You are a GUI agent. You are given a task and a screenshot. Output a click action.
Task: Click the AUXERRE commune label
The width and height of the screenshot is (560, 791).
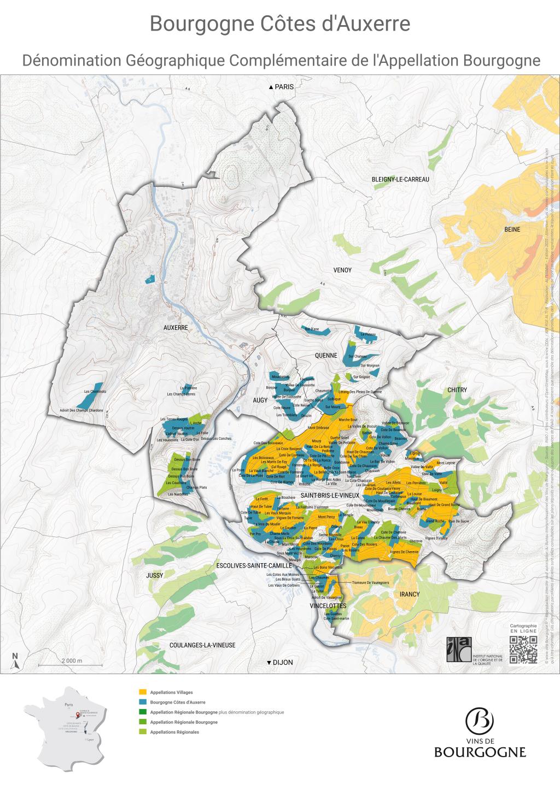click(176, 328)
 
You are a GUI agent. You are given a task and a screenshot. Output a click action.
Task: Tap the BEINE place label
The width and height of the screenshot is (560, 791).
click(512, 229)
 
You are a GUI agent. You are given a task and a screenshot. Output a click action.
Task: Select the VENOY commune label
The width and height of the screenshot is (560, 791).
click(342, 270)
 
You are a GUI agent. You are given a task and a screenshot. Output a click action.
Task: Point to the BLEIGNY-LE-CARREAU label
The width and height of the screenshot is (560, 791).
click(400, 180)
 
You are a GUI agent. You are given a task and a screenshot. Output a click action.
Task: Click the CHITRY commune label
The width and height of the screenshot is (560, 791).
click(457, 390)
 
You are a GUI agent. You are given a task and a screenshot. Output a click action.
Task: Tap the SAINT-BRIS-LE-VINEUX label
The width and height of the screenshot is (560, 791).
click(329, 495)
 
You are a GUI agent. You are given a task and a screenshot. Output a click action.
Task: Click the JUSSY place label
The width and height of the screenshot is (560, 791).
click(155, 576)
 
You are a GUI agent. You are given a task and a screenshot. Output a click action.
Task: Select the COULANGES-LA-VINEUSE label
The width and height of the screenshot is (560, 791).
click(202, 645)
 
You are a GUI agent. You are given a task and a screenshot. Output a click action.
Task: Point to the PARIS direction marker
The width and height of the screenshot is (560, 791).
click(281, 87)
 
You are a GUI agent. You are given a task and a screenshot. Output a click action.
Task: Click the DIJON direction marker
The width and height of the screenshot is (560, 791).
click(279, 663)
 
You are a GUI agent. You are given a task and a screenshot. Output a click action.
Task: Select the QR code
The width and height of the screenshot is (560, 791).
click(523, 650)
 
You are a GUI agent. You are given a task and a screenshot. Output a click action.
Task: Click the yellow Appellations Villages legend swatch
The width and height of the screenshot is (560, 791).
click(143, 692)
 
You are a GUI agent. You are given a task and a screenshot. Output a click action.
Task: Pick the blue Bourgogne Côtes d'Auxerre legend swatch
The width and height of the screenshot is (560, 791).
click(143, 702)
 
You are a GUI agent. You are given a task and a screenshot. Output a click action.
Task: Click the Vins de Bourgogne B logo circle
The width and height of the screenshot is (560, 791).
click(480, 721)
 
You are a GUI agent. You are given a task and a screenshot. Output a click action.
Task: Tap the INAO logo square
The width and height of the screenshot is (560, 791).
click(457, 650)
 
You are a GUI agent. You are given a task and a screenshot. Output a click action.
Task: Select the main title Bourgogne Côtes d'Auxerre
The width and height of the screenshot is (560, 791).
click(280, 25)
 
